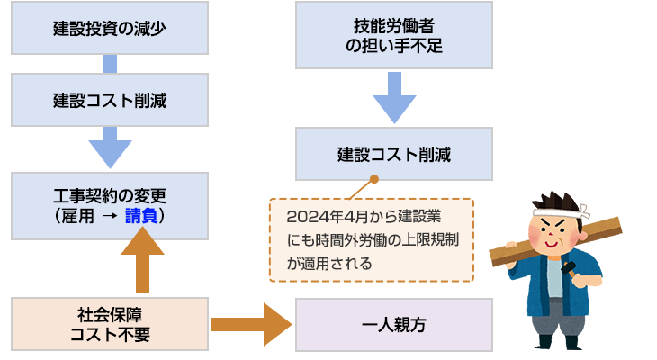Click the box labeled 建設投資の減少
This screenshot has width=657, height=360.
click(110, 27)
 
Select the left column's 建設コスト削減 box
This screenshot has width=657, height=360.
click(110, 100)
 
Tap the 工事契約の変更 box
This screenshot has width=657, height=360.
click(110, 206)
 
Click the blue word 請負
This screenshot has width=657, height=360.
click(145, 217)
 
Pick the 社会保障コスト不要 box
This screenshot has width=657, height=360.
click(110, 324)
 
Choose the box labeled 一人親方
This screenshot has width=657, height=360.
click(393, 324)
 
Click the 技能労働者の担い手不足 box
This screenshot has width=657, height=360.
click(393, 34)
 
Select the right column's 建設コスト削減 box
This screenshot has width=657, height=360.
click(393, 154)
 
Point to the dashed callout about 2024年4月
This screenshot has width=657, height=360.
click(371, 240)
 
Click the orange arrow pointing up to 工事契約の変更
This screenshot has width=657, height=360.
click(142, 261)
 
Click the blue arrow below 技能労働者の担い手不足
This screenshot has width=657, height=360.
click(393, 96)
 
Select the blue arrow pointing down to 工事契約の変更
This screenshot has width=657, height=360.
click(110, 150)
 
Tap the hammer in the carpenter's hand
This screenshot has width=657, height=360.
click(569, 267)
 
